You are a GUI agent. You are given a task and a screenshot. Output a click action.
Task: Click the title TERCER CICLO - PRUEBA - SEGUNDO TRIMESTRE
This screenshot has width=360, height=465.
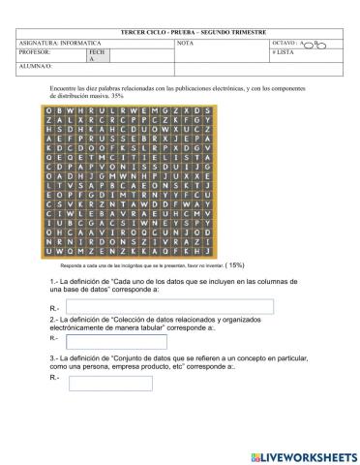coord(179,33)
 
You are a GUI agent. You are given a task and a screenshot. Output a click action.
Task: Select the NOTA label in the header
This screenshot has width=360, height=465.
coord(185,43)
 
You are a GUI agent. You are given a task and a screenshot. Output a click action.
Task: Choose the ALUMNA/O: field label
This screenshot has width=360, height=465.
coord(37,69)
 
